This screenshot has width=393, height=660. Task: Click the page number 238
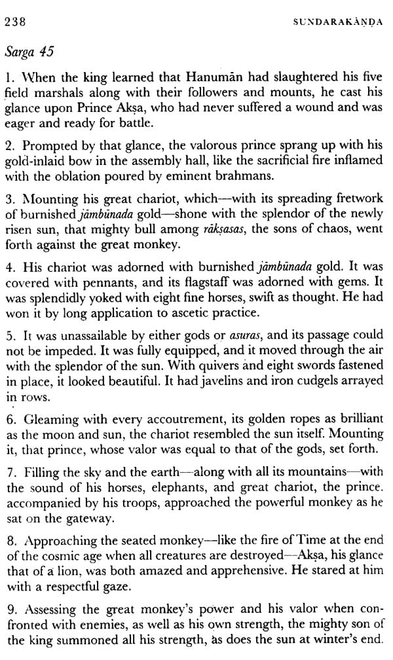click(15, 22)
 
